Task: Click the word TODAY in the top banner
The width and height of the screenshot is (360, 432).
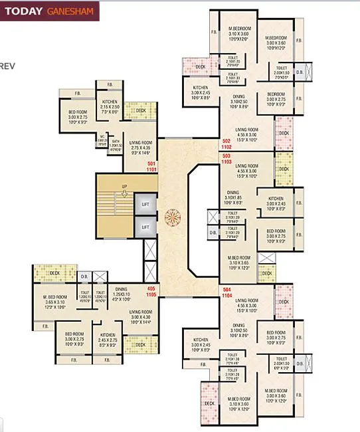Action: coord(25,11)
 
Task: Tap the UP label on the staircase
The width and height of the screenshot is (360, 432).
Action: coord(124,188)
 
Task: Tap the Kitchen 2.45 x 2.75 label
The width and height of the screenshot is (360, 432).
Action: coord(108,340)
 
